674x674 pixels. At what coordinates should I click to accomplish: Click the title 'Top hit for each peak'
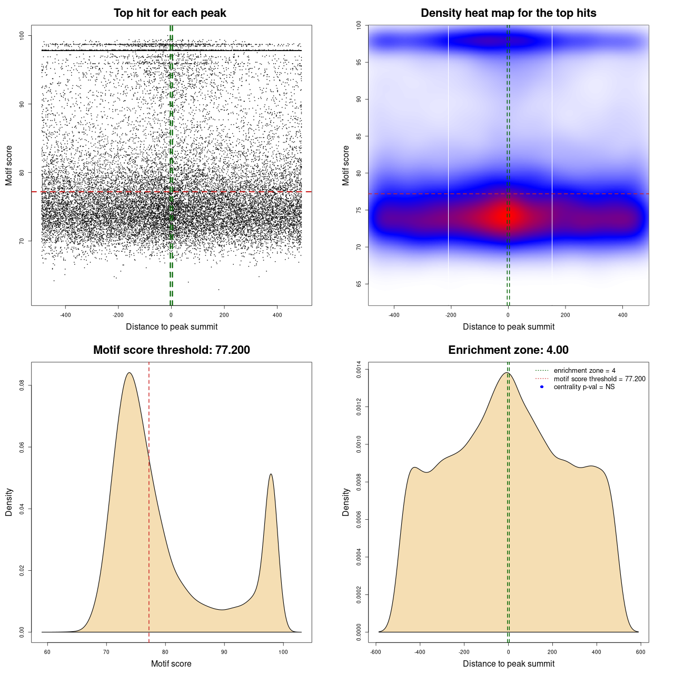coord(170,13)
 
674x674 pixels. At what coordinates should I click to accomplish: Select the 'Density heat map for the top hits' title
coord(508,13)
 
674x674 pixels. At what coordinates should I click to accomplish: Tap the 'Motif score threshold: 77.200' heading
coord(171,350)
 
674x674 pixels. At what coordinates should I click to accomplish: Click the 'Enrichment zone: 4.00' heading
coord(508,350)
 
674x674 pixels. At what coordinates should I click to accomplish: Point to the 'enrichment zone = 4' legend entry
coord(584,371)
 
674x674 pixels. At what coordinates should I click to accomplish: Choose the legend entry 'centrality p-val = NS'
coord(584,387)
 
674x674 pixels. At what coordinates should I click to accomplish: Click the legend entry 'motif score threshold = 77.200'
coord(599,379)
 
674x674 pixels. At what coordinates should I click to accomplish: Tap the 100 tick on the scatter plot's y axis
coord(22,36)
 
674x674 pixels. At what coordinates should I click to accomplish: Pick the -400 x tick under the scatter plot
coord(65,315)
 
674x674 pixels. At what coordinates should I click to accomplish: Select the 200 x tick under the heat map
coord(565,315)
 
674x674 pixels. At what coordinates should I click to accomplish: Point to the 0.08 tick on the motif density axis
coord(22,385)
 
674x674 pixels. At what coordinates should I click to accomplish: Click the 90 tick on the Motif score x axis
coord(224,652)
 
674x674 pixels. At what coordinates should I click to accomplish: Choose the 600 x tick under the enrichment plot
coord(640,652)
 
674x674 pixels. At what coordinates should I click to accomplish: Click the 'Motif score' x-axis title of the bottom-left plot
coord(171,663)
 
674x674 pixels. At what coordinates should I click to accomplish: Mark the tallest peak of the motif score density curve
coord(129,373)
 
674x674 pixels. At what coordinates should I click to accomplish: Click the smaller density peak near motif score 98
coord(271,474)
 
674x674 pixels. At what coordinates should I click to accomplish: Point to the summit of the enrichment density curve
coord(507,373)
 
